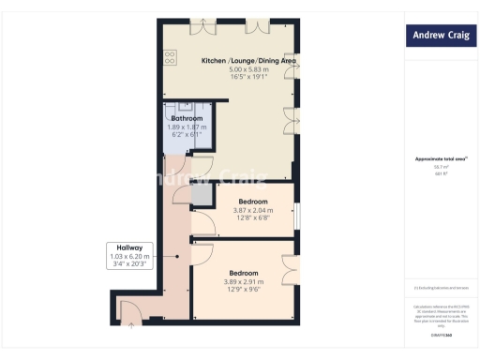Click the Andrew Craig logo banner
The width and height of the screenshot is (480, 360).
440,37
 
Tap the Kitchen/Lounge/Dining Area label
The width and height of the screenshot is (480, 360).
249,61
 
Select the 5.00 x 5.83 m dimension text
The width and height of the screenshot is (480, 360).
248,69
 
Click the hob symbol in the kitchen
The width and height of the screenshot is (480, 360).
170,58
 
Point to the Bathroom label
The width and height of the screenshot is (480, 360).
187,119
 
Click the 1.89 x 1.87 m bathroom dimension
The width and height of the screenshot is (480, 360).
187,127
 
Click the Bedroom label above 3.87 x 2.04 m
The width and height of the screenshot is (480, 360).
253,202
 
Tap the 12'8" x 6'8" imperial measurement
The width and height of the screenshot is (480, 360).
253,218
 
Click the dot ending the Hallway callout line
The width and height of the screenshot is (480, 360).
177,258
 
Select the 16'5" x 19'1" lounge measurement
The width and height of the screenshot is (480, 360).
248,77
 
